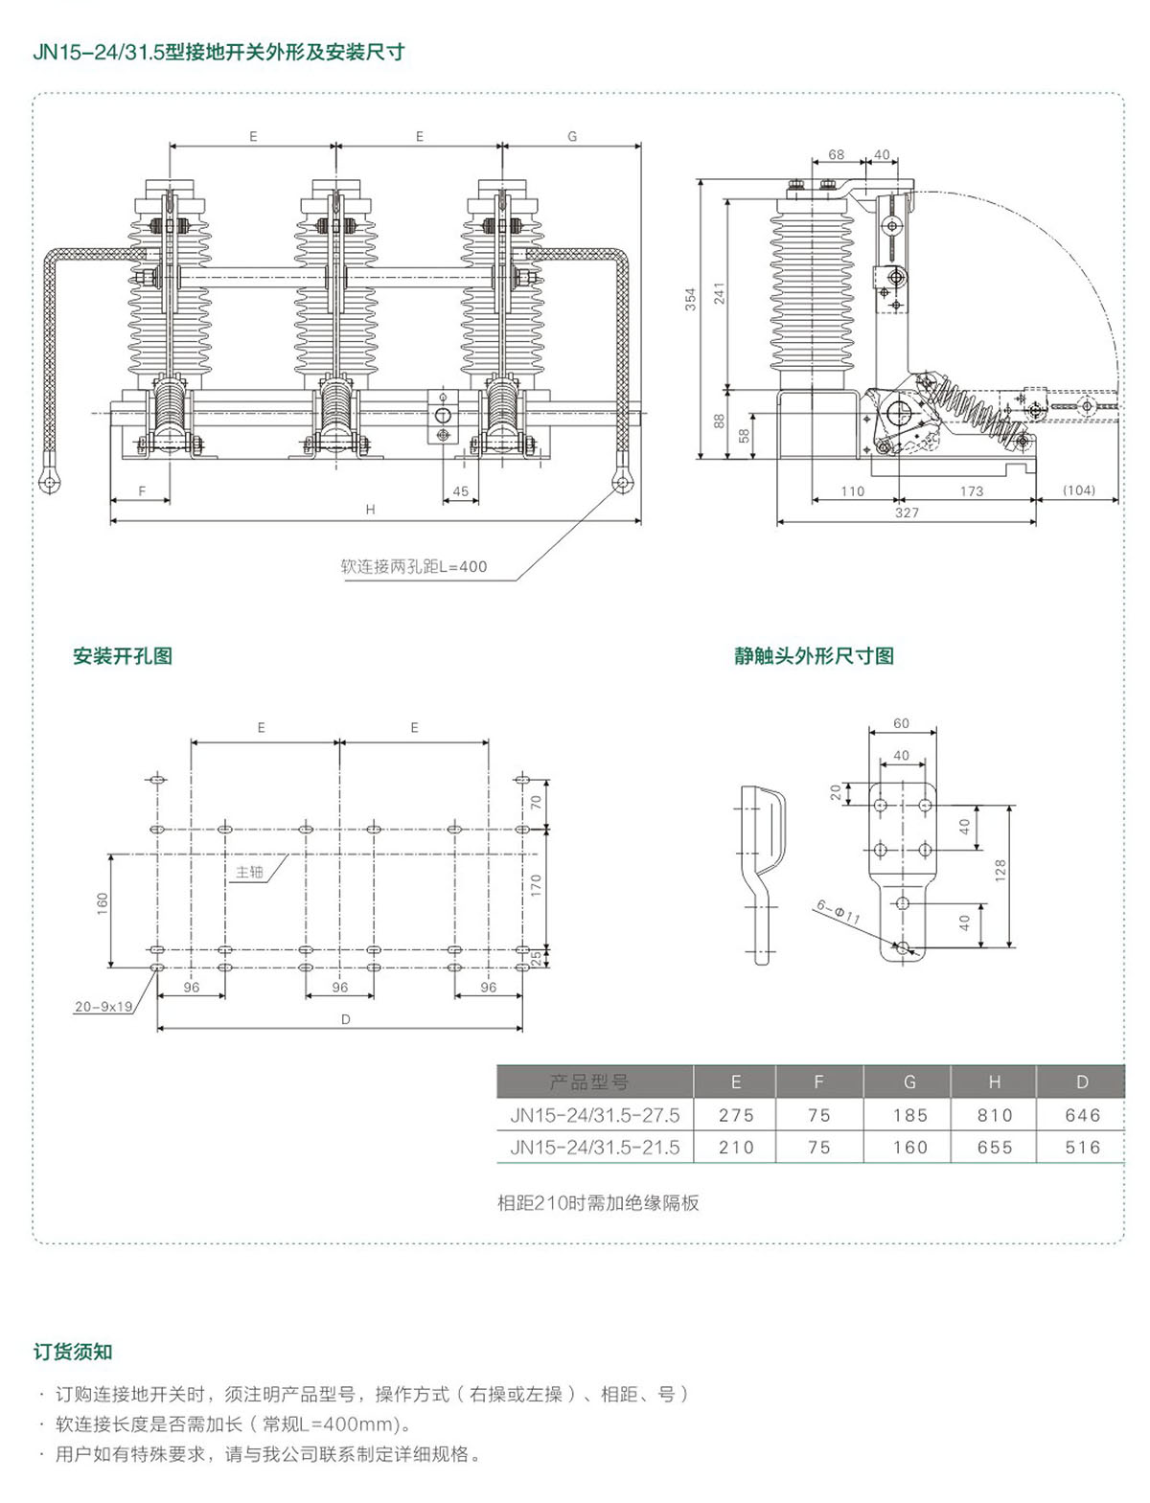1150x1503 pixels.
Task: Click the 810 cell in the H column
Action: [994, 1115]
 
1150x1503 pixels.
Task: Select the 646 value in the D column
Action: [1082, 1115]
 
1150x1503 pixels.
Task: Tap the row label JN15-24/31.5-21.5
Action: [594, 1147]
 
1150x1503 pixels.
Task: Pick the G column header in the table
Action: [909, 1082]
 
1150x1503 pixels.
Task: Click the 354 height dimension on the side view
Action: [690, 300]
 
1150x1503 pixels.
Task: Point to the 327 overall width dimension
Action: [907, 512]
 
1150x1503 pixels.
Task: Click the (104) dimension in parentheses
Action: [1078, 490]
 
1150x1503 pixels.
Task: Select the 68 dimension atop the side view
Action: [836, 154]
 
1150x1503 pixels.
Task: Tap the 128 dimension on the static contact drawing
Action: [1000, 870]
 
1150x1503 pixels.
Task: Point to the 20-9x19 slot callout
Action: [103, 1007]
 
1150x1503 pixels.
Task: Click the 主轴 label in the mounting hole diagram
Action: [249, 872]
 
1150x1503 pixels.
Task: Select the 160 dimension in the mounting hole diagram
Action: [103, 902]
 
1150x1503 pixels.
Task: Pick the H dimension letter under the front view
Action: [370, 510]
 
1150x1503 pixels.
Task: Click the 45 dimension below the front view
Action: [460, 491]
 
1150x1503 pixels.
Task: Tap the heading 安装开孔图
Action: [123, 656]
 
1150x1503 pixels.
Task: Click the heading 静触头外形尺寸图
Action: [814, 656]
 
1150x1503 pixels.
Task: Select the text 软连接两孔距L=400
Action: [414, 566]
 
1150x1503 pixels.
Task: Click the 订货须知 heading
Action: [73, 1352]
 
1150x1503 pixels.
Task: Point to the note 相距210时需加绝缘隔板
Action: [598, 1203]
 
